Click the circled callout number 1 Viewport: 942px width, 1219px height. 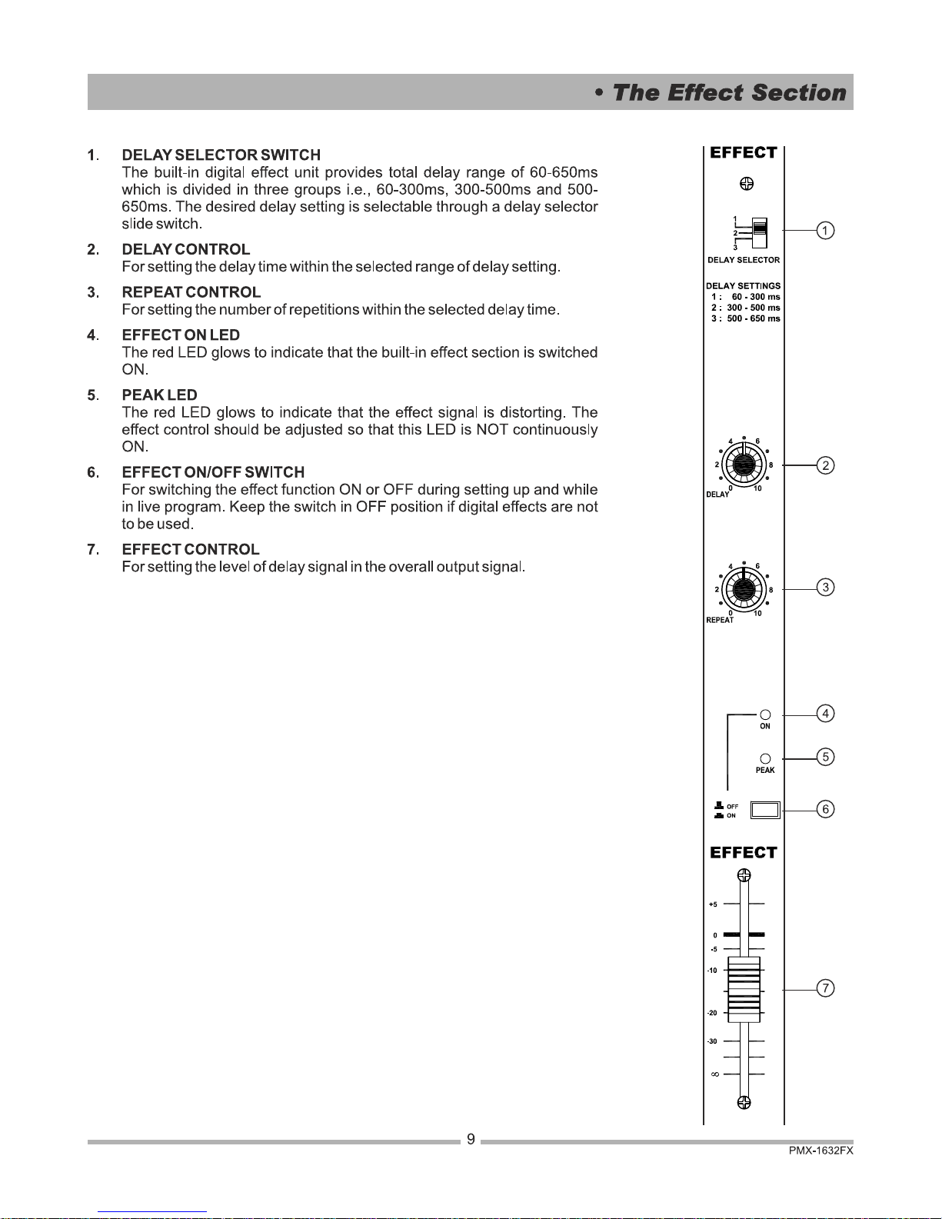tap(825, 231)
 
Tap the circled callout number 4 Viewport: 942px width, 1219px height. tap(825, 714)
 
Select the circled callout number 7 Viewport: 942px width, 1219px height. tap(825, 988)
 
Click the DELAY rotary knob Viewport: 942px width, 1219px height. tap(744, 465)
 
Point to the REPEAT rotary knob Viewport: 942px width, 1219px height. tap(744, 589)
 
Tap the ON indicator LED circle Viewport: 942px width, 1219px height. tap(765, 714)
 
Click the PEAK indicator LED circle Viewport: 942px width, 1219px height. tap(765, 758)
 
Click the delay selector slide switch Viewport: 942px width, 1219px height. tap(759, 232)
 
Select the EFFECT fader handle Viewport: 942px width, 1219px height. tap(744, 989)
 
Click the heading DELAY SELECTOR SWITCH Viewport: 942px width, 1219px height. tap(221, 155)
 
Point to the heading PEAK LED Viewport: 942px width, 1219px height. tap(160, 395)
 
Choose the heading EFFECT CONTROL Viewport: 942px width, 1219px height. tap(191, 549)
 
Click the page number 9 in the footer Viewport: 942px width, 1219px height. tap(471, 1139)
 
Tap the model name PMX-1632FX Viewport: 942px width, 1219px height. tap(821, 1151)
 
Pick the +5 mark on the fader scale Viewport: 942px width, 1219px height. tap(713, 904)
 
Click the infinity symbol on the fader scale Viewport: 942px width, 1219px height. tap(715, 1074)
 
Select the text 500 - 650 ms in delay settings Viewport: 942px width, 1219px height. tap(754, 318)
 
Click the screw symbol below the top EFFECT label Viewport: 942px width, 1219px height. tap(747, 184)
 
